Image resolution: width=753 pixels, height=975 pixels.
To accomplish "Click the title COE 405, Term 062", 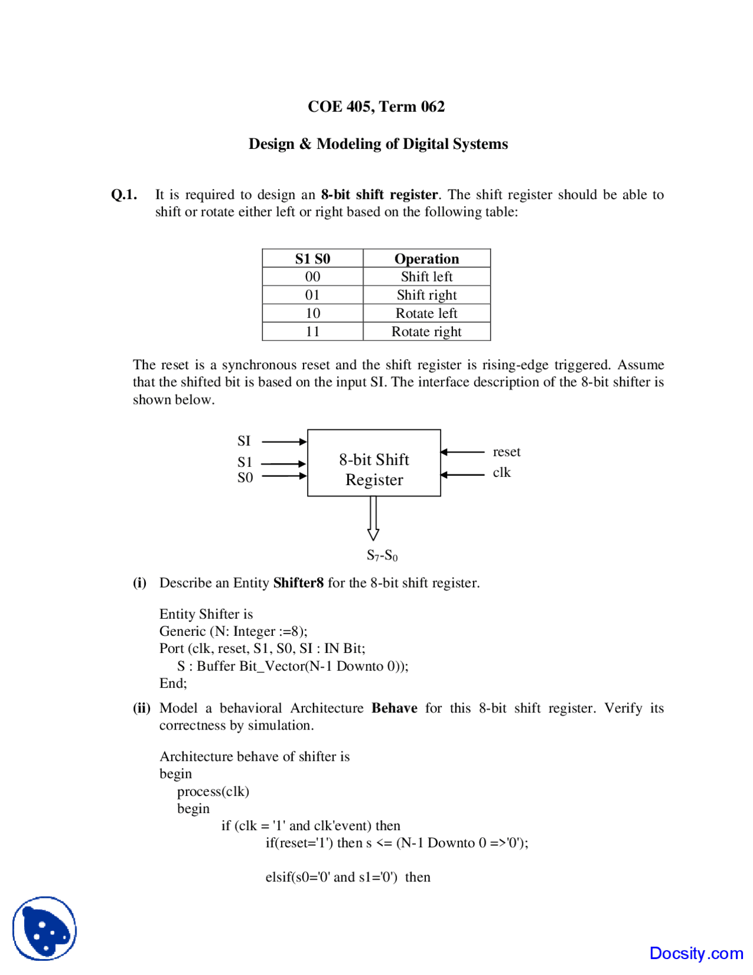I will pos(376,107).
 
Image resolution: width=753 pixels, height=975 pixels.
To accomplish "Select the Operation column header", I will pos(427,259).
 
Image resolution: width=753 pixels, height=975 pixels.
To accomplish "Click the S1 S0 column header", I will pos(312,259).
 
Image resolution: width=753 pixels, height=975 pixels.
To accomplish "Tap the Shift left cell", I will pos(427,277).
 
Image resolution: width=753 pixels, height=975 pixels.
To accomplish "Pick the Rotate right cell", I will pos(427,331).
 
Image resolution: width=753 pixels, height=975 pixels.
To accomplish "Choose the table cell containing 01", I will pos(312,295).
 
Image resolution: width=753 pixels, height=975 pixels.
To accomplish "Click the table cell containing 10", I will pos(312,313).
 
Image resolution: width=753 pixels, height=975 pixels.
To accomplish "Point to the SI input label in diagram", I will pos(244,441).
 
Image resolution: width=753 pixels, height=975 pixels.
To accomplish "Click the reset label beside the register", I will pos(507,452).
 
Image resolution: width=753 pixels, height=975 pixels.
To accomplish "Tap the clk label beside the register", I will pos(502,472).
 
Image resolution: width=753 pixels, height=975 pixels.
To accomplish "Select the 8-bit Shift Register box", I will pos(374,463).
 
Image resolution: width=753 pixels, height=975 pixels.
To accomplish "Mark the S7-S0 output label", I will pos(382,555).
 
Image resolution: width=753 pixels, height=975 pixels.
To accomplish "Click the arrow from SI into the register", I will pos(284,442).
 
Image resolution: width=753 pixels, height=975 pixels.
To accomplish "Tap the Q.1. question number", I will pos(124,195).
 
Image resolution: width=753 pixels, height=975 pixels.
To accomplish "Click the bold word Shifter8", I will pos(298,583).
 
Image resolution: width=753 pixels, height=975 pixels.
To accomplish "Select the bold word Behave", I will pos(394,708).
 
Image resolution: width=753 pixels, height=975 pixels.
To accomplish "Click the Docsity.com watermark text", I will pos(696,953).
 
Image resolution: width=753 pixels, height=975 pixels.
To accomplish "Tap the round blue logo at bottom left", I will pos(45,928).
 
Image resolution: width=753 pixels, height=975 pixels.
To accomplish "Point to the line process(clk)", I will pos(213,791).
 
